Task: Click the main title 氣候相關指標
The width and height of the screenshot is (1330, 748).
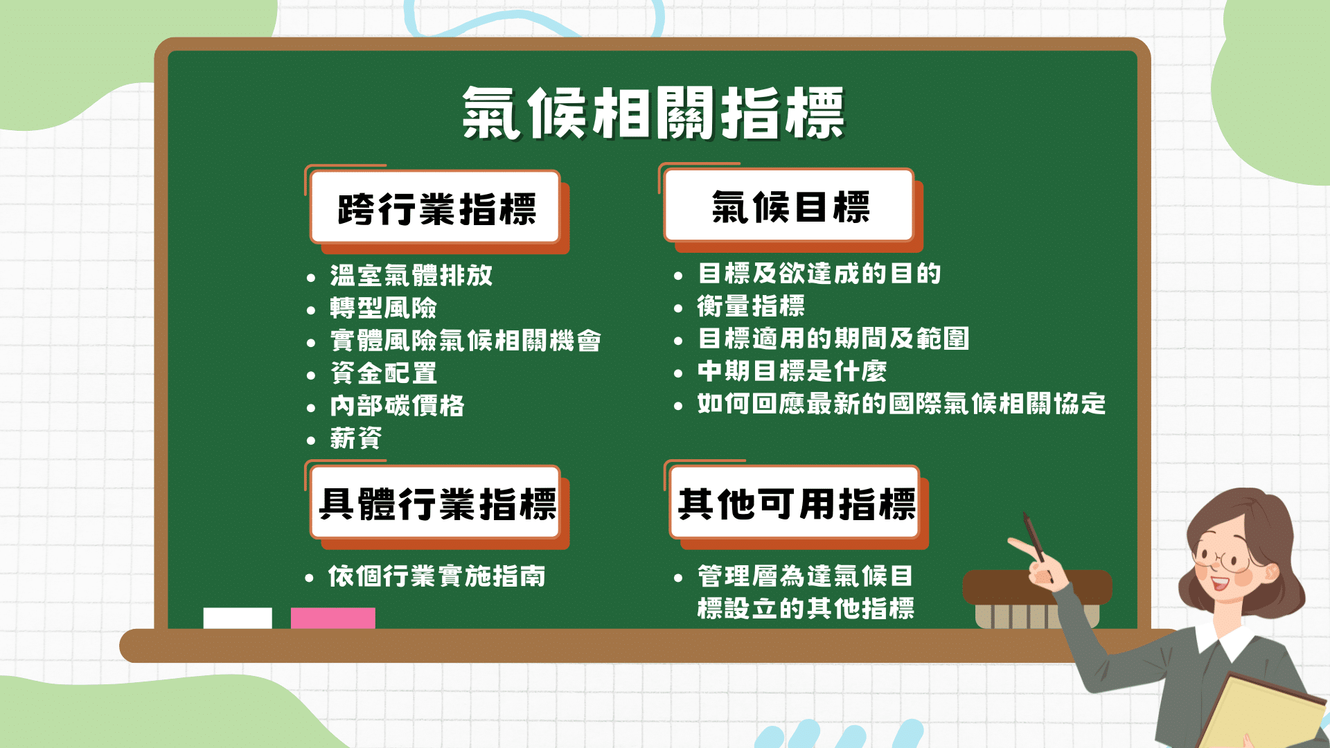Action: [654, 113]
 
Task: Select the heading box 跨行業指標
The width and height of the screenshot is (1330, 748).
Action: [435, 207]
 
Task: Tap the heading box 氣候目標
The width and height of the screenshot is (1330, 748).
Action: [789, 206]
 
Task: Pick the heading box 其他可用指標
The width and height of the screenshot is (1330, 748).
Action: [795, 503]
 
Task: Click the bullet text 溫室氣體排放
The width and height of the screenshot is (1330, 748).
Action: [411, 275]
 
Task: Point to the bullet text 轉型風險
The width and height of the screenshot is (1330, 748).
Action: [384, 308]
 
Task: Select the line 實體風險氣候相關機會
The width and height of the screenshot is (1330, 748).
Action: [465, 340]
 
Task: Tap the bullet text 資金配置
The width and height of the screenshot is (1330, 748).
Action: [384, 373]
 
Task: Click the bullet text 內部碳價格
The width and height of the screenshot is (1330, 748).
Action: [397, 405]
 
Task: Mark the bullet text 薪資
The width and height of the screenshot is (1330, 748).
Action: [356, 438]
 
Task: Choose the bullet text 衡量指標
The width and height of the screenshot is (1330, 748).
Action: [751, 305]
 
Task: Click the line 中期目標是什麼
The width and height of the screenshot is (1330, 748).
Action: [792, 371]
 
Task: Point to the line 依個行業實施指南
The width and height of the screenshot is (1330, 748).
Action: [437, 576]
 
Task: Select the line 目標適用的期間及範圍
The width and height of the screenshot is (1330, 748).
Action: [833, 338]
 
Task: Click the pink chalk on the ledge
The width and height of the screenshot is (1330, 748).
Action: [333, 618]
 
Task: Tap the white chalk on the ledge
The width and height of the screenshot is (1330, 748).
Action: [238, 618]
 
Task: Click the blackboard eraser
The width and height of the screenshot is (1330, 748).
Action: [1037, 600]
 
